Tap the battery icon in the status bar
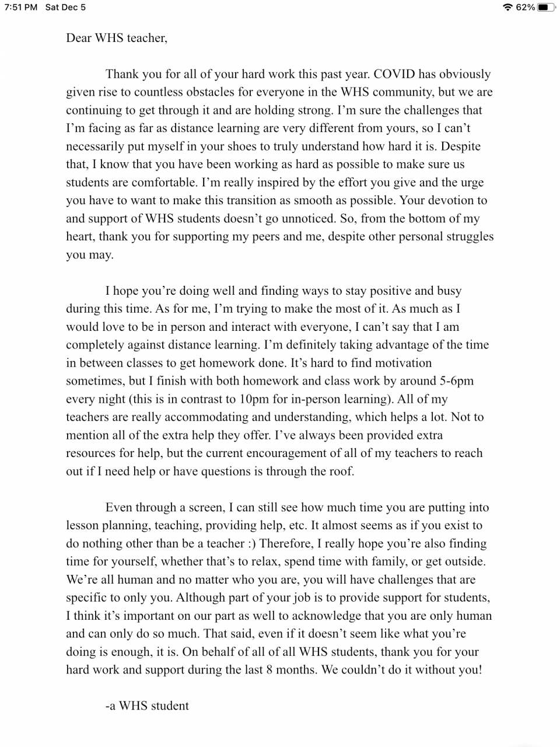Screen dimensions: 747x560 click(x=547, y=8)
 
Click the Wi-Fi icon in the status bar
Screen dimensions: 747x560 click(x=508, y=8)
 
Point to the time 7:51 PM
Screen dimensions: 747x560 click(x=21, y=8)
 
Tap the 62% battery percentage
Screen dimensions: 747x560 click(x=526, y=8)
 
